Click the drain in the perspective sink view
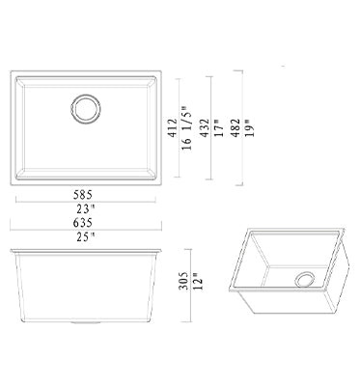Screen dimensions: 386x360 [305, 280]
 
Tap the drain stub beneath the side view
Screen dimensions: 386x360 [83, 322]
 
